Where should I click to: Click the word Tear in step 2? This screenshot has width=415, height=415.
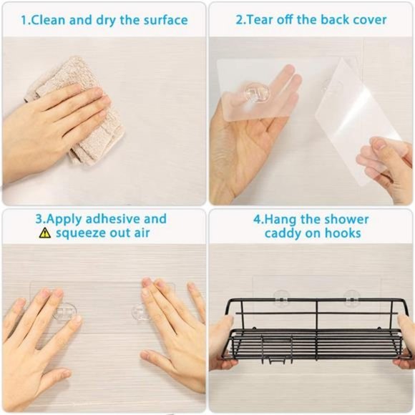coord(263,20)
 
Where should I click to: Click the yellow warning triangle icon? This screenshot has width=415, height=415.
coord(45,233)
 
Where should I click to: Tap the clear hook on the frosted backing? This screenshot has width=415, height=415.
coord(256,93)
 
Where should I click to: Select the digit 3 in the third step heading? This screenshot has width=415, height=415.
coord(39,219)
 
